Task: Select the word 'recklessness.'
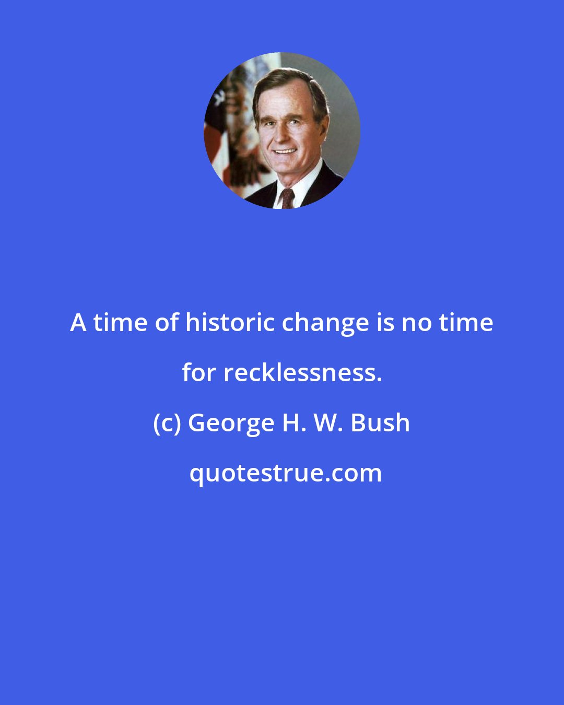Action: tap(303, 373)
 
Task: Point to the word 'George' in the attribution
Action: tap(230, 423)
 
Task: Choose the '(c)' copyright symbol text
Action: tap(167, 423)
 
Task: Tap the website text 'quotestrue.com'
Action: tap(285, 473)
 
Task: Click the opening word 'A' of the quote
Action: tap(78, 323)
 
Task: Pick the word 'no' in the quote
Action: tap(417, 323)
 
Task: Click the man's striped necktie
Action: tap(288, 198)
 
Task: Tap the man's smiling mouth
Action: tap(285, 151)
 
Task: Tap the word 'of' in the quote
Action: tap(167, 323)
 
